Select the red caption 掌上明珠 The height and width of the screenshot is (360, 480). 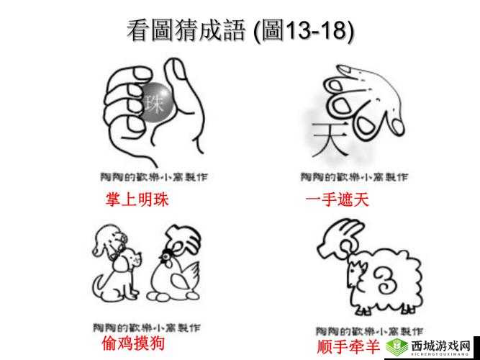tap(137, 200)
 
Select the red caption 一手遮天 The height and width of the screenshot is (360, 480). tap(337, 200)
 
